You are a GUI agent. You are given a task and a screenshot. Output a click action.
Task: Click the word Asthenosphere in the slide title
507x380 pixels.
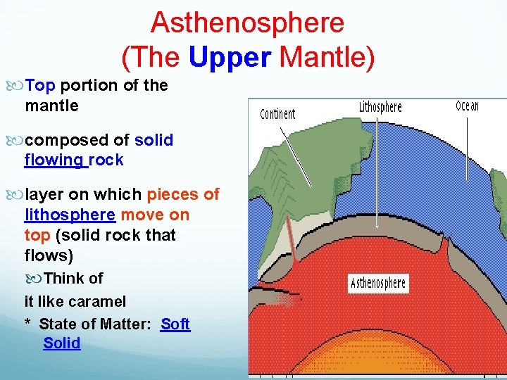click(247, 23)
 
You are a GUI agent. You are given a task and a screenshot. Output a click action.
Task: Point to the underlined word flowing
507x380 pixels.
click(54, 160)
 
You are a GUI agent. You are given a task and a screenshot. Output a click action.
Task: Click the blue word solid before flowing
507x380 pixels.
click(154, 139)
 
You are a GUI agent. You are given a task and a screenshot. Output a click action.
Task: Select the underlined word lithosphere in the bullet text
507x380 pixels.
click(70, 214)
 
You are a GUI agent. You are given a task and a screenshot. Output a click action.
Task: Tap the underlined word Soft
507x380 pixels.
click(175, 324)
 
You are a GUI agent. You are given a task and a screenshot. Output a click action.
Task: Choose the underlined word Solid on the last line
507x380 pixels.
click(62, 343)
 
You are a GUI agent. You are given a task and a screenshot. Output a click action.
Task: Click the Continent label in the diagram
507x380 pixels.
click(277, 114)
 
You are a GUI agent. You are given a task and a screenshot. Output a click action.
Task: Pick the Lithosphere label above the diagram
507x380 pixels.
click(380, 107)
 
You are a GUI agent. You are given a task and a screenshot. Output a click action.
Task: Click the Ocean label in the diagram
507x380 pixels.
click(467, 106)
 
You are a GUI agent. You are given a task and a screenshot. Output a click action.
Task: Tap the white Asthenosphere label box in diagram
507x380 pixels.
click(378, 284)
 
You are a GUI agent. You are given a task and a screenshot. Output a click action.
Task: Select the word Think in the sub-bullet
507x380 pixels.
click(63, 278)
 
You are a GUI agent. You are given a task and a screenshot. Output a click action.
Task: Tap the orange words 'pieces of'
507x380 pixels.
click(183, 194)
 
